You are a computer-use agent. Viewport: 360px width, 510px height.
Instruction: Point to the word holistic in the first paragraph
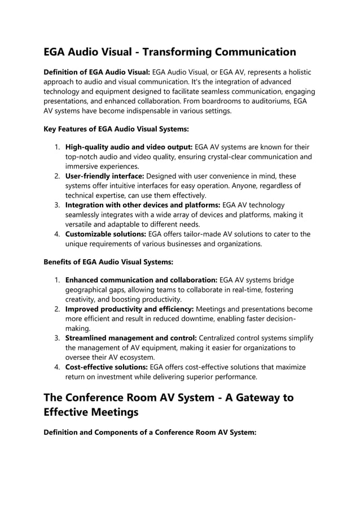click(297, 72)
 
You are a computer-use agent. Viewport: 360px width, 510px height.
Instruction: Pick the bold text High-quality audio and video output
click(129, 147)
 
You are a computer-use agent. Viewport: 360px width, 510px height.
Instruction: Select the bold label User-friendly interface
click(104, 176)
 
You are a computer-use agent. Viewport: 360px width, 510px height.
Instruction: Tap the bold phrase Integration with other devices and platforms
click(143, 205)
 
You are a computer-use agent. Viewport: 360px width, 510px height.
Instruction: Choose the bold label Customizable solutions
click(106, 234)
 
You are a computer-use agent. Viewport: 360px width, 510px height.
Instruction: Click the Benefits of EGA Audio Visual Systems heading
click(108, 262)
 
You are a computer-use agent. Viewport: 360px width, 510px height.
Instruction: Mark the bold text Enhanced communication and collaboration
click(141, 280)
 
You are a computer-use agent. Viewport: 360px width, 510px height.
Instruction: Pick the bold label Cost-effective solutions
click(106, 367)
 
